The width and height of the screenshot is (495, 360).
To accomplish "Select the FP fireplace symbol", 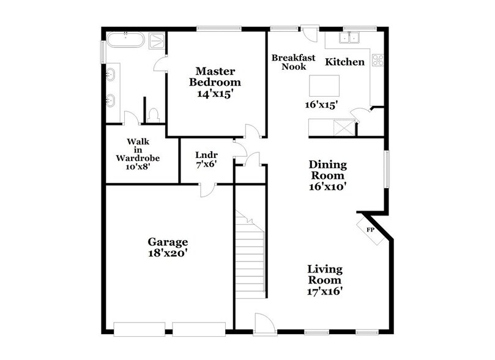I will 370,230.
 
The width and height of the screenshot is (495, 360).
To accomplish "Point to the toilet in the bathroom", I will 154,114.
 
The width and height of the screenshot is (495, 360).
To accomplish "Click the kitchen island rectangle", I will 324,84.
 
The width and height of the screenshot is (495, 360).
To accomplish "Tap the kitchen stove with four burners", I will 378,60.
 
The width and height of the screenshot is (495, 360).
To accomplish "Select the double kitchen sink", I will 351,39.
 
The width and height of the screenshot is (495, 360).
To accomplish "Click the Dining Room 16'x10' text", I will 327,176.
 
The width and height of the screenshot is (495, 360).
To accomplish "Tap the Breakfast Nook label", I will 294,62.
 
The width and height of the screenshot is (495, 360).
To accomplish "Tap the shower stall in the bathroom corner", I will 157,41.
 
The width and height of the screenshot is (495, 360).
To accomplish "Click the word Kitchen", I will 344,62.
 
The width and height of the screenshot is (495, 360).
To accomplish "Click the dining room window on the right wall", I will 385,167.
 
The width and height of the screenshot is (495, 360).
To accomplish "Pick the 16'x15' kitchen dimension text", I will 322,104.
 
